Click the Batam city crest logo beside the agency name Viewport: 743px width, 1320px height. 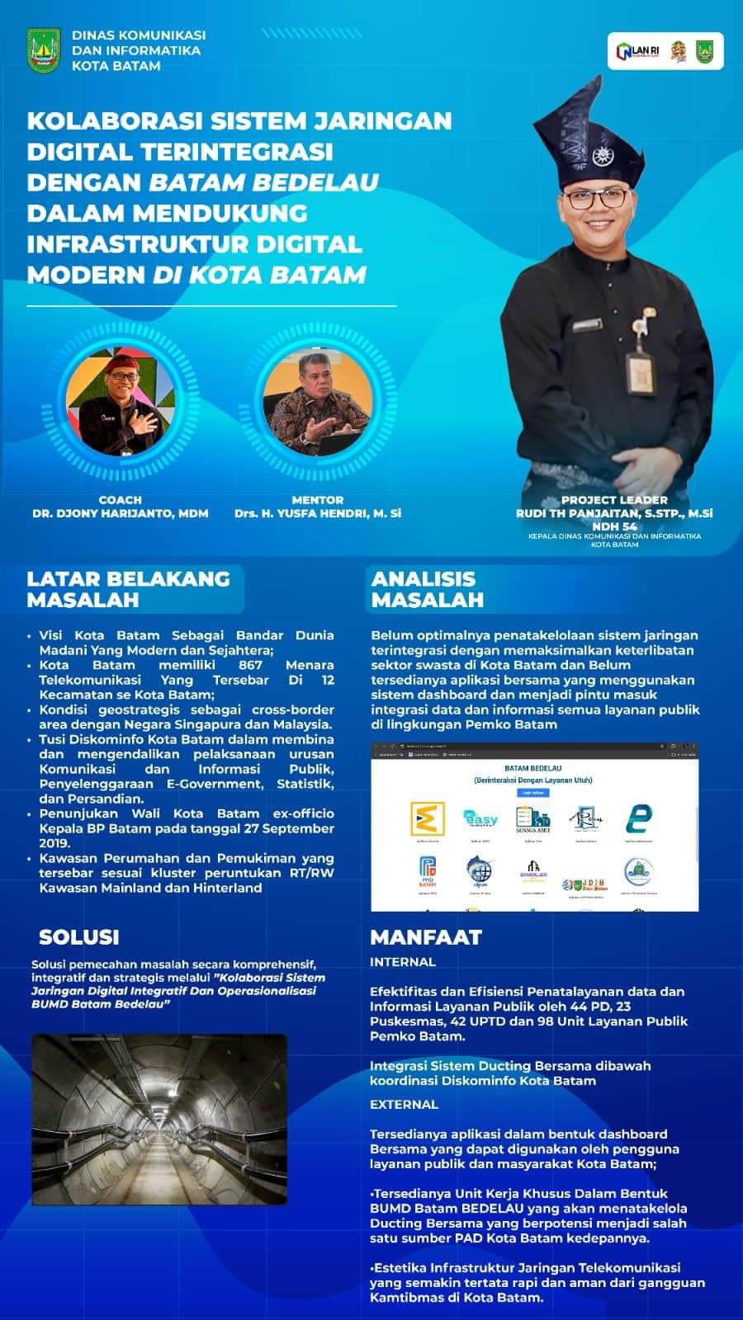[x=45, y=51]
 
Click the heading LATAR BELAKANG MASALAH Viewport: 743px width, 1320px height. [x=128, y=589]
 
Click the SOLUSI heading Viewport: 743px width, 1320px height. [x=79, y=937]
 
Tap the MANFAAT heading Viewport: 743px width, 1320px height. [x=425, y=937]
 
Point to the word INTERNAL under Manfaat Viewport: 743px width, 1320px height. [x=403, y=962]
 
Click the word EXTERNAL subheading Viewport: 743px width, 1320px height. [x=405, y=1105]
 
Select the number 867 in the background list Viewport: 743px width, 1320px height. [x=249, y=665]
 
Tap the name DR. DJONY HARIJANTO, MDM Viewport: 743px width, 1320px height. [x=121, y=513]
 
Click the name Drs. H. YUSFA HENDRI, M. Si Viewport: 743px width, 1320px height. [x=318, y=513]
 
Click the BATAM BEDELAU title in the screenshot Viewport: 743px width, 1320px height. [x=533, y=768]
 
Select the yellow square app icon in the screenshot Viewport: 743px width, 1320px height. [x=428, y=818]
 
